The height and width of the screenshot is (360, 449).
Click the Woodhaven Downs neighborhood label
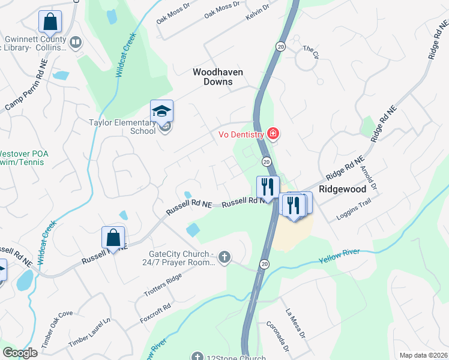[217, 76]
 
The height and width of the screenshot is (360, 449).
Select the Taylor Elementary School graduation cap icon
[161, 111]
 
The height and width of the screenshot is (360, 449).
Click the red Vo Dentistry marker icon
[273, 133]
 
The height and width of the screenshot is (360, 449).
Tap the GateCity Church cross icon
[224, 257]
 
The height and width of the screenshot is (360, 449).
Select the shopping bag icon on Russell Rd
[113, 238]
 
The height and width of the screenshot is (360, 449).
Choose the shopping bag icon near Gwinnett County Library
[50, 22]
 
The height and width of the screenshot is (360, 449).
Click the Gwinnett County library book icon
[76, 42]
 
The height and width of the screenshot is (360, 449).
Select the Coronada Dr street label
[278, 336]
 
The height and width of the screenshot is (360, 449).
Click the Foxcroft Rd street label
[154, 314]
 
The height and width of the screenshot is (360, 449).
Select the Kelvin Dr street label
[258, 11]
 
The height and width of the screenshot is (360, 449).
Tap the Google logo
[19, 353]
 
